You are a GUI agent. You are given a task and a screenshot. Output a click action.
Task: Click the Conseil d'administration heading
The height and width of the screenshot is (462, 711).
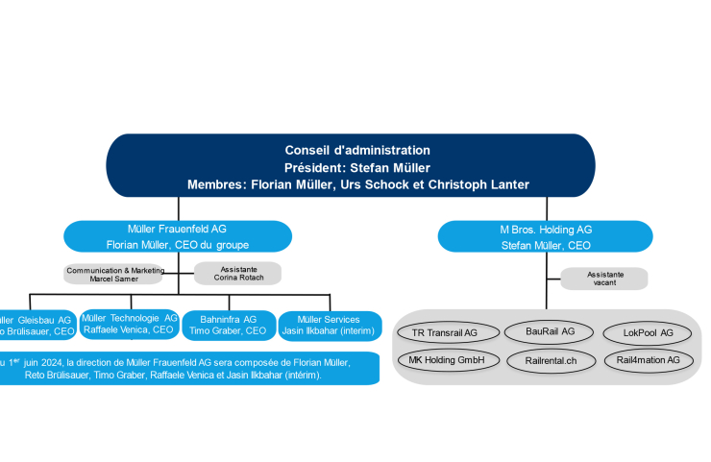(357, 150)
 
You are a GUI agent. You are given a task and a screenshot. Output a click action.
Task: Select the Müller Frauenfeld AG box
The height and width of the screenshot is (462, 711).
(178, 236)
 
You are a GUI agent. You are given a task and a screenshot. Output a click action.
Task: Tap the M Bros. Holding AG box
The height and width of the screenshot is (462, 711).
(546, 236)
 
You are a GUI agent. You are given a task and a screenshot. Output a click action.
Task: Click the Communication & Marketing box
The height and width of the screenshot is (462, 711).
(114, 274)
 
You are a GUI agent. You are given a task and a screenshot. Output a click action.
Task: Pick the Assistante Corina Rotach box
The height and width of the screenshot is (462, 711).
(237, 274)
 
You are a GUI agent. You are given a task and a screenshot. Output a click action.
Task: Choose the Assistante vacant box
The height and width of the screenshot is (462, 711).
(604, 279)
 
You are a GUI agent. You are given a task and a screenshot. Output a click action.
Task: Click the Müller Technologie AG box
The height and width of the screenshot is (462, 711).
(129, 324)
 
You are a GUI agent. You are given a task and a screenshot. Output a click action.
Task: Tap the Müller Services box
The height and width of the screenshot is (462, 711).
(329, 325)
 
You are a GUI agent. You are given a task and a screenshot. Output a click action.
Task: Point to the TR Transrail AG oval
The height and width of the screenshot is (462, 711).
(444, 332)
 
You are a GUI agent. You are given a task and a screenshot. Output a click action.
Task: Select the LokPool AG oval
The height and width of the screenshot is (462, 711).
(648, 332)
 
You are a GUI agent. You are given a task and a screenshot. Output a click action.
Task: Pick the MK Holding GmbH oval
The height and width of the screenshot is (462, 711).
(444, 360)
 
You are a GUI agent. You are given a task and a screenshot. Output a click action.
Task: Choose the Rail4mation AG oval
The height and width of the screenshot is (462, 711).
(648, 360)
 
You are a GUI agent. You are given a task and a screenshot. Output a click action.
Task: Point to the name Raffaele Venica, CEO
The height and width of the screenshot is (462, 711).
(129, 329)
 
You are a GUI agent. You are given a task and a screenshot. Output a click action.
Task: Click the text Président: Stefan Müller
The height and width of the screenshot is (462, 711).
(357, 167)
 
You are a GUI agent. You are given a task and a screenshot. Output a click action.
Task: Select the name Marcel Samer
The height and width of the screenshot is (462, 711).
(114, 279)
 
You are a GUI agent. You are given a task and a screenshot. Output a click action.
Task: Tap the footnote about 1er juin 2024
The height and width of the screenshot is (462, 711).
(183, 369)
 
